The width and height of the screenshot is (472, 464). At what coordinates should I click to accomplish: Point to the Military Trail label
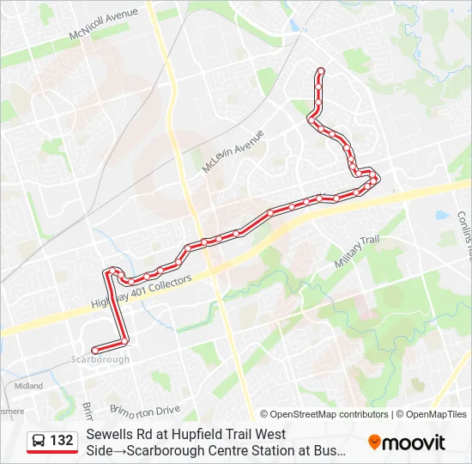click(x=356, y=253)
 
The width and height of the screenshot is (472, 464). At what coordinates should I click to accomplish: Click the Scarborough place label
click(x=100, y=359)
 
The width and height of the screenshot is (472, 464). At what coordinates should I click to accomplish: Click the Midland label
click(x=28, y=386)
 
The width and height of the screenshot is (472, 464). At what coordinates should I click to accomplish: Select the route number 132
click(x=62, y=441)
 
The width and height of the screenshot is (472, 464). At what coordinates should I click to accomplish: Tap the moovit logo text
click(x=415, y=443)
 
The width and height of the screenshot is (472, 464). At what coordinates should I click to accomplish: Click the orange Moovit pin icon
click(x=374, y=442)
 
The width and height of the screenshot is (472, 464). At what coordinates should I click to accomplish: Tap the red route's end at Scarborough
click(x=94, y=349)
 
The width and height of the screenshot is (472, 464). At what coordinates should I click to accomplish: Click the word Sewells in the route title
click(x=109, y=435)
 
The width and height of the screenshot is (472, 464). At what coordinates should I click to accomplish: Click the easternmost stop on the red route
click(x=375, y=177)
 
